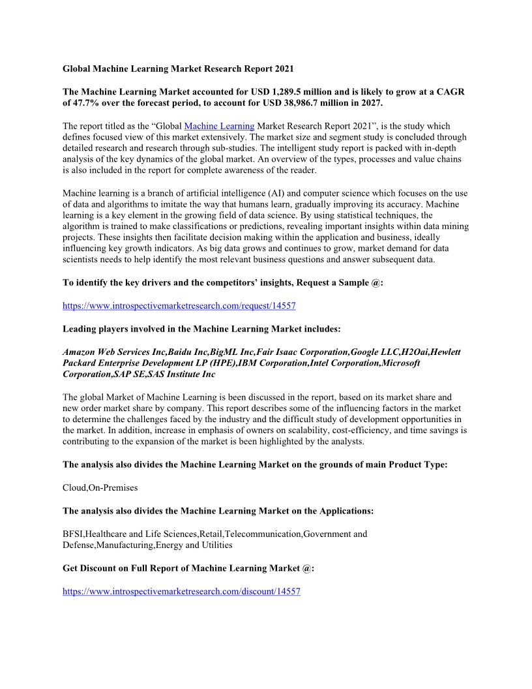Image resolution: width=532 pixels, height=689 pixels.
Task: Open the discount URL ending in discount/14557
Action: coord(181,591)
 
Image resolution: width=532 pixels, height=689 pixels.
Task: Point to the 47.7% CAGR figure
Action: coord(91,103)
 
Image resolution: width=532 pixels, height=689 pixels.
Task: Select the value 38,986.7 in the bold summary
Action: coord(308,103)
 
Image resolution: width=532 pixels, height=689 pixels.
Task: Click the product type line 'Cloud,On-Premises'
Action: coord(100,487)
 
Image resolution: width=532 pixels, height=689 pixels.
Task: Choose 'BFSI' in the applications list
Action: coord(73,534)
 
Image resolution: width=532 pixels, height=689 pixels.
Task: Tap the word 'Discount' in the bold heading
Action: coord(100,568)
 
